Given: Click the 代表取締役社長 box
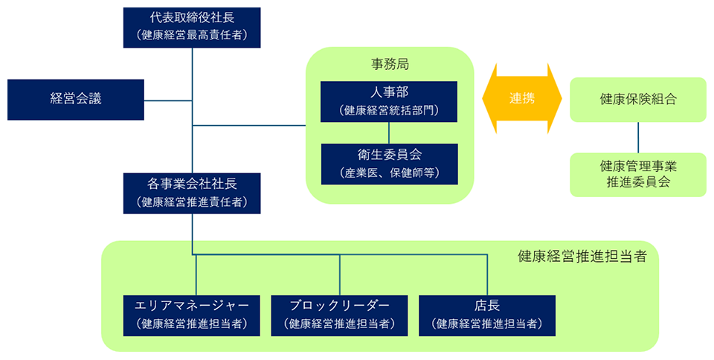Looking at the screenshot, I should click(193, 27).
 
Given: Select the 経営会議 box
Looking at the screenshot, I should click(75, 99).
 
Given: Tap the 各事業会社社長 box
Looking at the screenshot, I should click(193, 193).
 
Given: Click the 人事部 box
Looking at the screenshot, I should click(389, 102).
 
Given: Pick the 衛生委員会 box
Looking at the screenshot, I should click(389, 164).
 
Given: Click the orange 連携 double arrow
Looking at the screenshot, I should click(521, 98).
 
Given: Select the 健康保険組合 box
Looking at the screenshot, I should click(637, 99).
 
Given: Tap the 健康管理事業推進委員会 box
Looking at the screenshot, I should click(637, 174).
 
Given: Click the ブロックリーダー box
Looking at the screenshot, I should click(339, 313).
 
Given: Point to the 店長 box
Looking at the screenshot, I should click(486, 313).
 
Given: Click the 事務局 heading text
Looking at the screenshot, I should click(390, 64).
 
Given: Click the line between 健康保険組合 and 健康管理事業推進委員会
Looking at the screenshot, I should click(637, 138).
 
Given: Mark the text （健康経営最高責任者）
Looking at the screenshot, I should click(193, 35).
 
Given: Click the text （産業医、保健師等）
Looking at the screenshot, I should click(389, 173).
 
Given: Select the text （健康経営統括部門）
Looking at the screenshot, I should click(389, 111).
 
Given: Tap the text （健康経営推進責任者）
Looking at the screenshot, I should click(193, 202).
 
